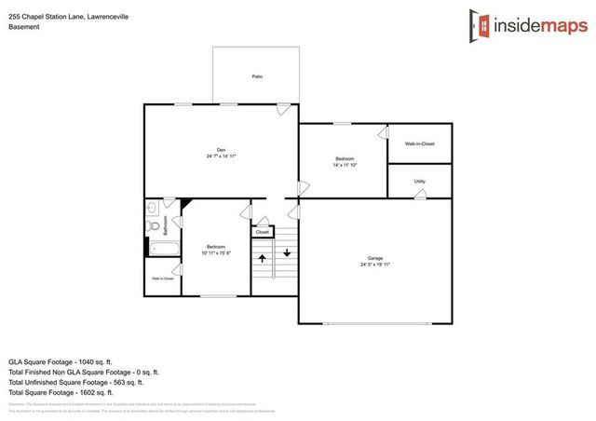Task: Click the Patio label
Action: pyautogui.click(x=256, y=76)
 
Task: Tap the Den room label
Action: pyautogui.click(x=221, y=150)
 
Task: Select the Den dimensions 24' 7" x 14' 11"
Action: pyautogui.click(x=221, y=156)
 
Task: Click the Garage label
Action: pyautogui.click(x=374, y=258)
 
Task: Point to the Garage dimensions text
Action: pyautogui.click(x=374, y=265)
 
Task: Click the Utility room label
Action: pyautogui.click(x=419, y=182)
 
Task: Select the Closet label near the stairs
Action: pyautogui.click(x=263, y=232)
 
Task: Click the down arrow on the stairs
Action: pyautogui.click(x=287, y=252)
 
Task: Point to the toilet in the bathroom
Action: pyautogui.click(x=152, y=225)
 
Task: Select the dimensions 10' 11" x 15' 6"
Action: pyautogui.click(x=216, y=253)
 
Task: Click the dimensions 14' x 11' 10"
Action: pyautogui.click(x=344, y=166)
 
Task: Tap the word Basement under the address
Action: pyautogui.click(x=24, y=27)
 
